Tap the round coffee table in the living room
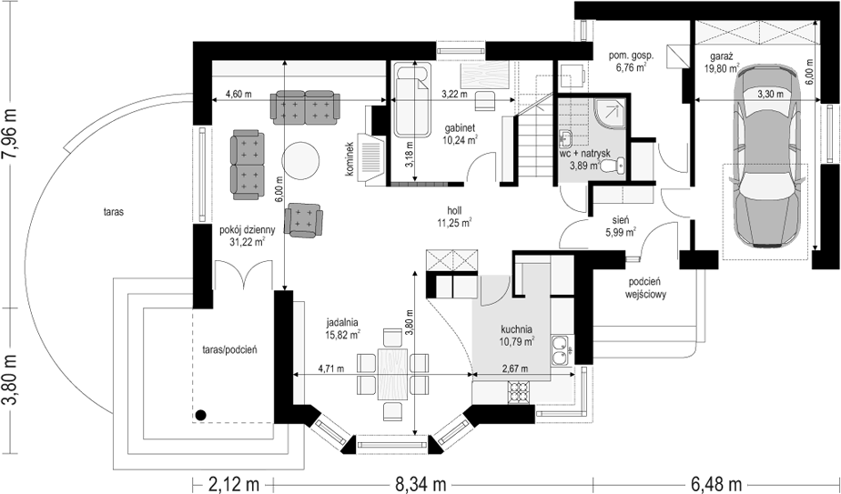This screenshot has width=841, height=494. [301, 160]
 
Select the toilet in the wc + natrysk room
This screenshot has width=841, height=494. [612, 166]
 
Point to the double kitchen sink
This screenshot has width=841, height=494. [561, 349]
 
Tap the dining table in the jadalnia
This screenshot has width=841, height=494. [392, 374]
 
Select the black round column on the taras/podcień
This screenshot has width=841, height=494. [200, 415]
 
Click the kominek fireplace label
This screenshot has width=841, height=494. [350, 159]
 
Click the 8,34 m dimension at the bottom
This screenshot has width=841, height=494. [421, 484]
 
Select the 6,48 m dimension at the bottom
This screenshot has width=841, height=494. [716, 484]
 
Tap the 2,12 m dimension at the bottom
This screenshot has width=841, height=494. [233, 484]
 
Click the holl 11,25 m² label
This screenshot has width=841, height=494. [454, 217]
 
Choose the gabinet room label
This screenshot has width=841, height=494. [460, 128]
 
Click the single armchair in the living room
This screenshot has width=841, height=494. [304, 220]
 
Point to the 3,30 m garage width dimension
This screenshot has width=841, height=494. [770, 94]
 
